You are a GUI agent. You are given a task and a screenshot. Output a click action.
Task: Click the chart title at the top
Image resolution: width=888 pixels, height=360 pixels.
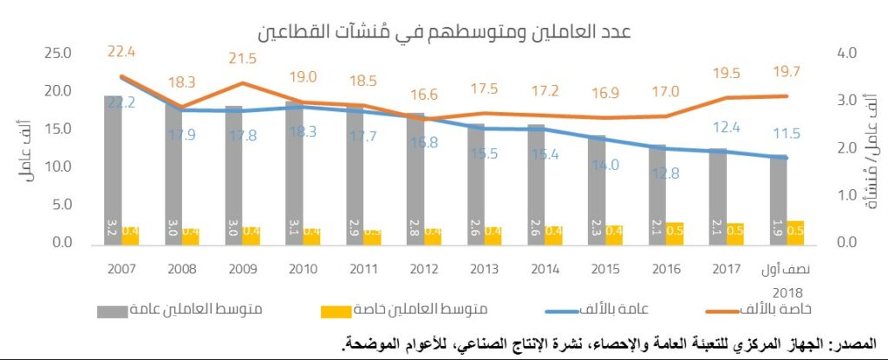[x=444, y=32]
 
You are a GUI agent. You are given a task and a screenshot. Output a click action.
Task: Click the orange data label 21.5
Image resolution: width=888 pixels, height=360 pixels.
[x=242, y=59]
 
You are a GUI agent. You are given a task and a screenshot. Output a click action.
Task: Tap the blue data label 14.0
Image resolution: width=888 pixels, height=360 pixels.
[x=606, y=165]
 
